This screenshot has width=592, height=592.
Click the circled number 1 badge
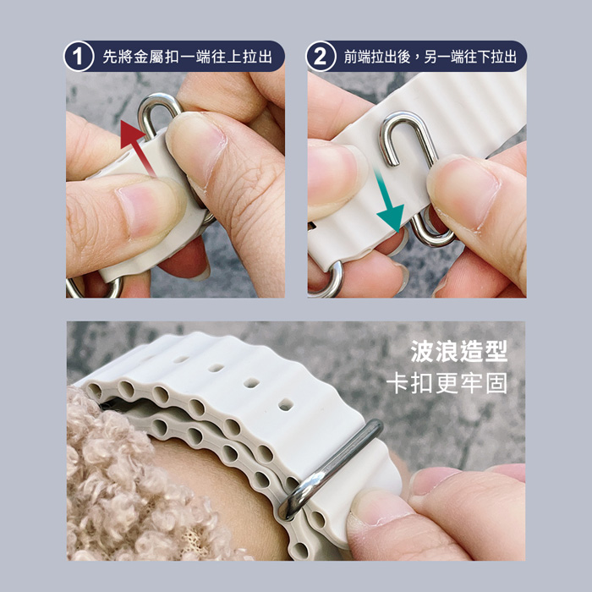click(79, 57)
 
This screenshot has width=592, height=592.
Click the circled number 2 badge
click(321, 57)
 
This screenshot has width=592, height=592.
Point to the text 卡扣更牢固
click(447, 383)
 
